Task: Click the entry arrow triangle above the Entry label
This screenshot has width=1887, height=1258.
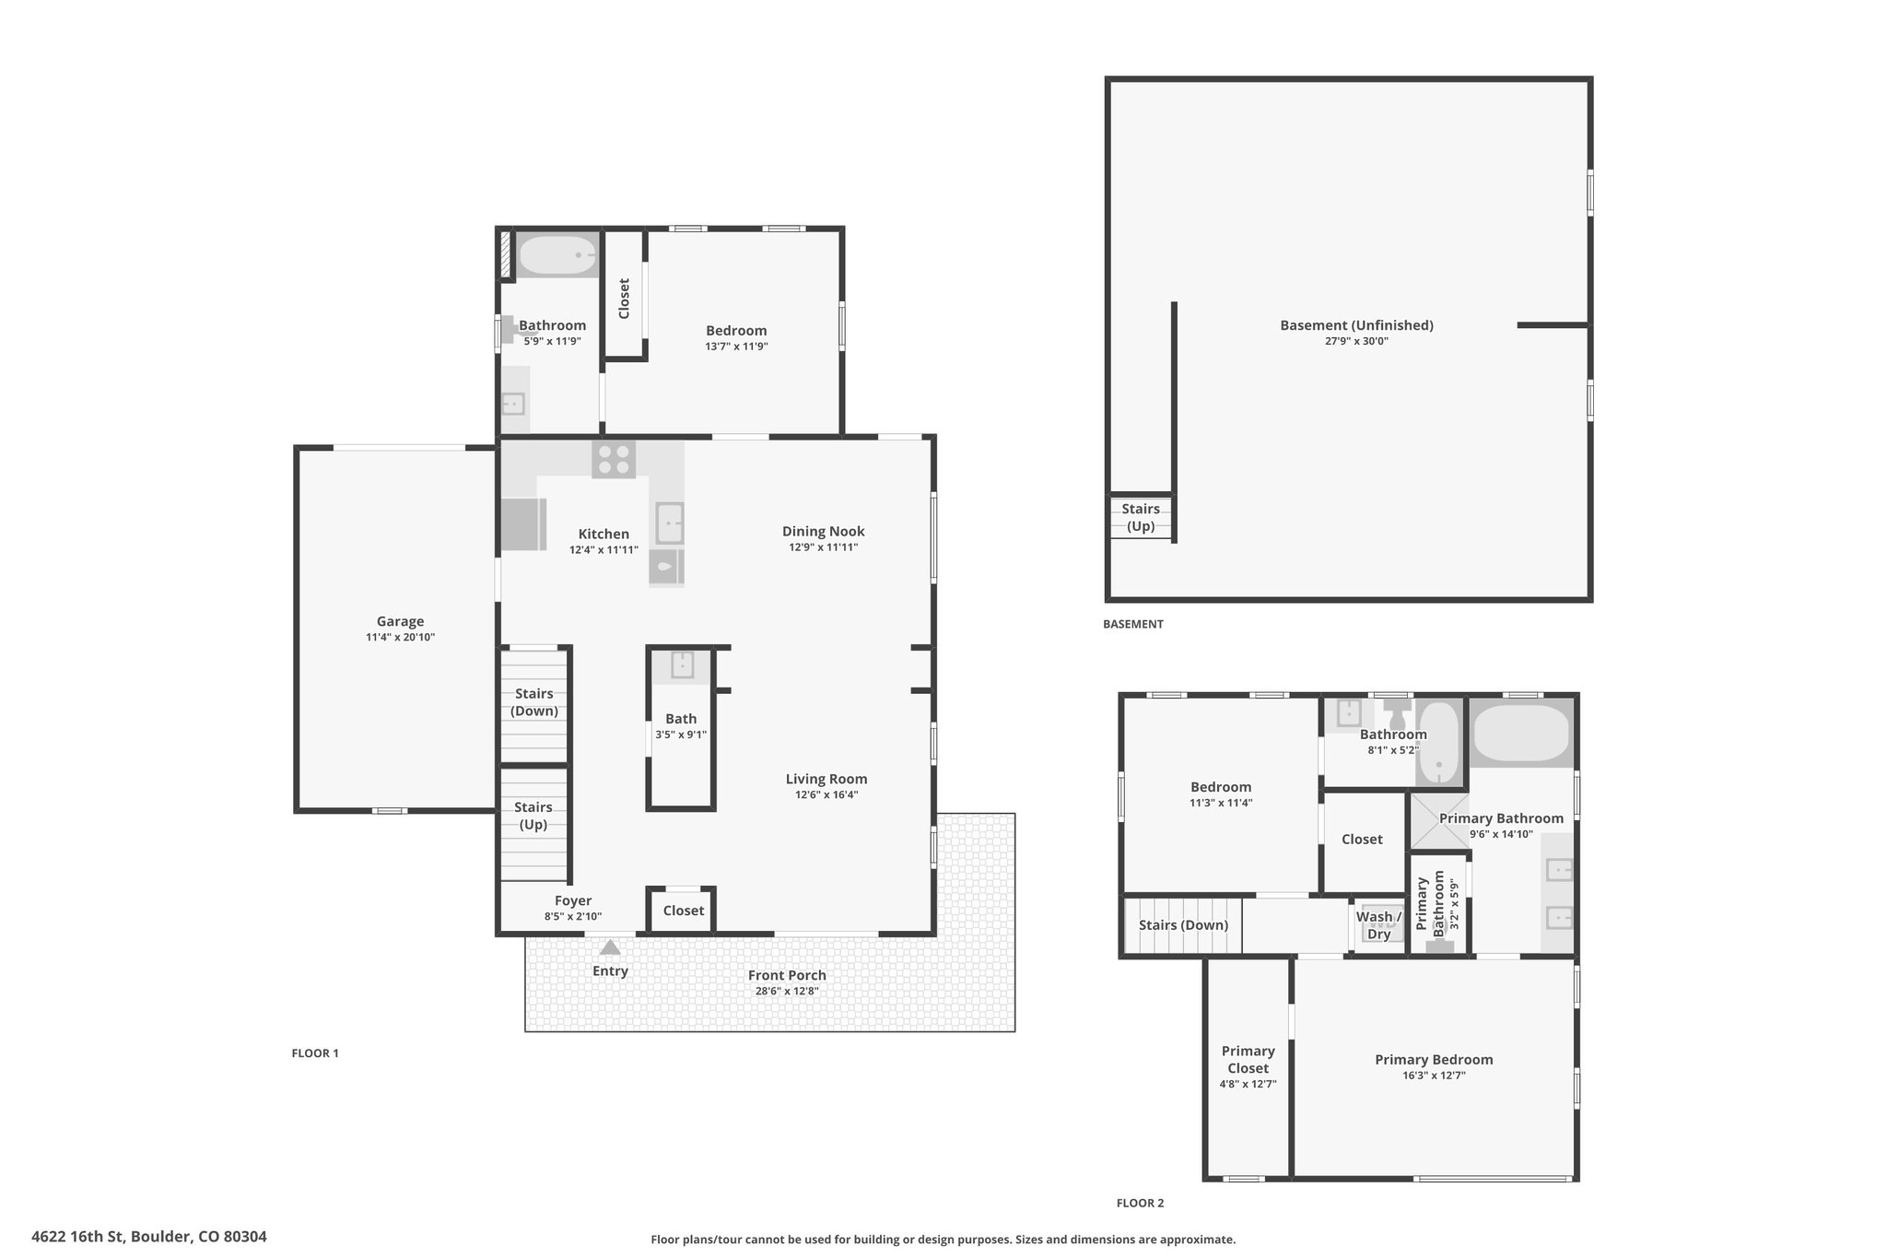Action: (610, 946)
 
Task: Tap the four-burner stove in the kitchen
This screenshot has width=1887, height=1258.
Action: (614, 460)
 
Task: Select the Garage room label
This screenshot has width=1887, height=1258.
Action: (400, 621)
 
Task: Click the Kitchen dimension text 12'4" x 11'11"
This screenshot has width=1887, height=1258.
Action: (604, 550)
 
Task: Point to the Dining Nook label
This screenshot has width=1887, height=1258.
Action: (824, 531)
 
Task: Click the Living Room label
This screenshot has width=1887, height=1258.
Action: (826, 779)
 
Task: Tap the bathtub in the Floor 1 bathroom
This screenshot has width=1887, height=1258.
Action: (557, 254)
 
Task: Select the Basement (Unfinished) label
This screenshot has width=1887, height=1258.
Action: (1357, 325)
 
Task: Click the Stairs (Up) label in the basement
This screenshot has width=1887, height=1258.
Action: (1141, 517)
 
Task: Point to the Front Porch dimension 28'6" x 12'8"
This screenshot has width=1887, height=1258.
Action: (787, 992)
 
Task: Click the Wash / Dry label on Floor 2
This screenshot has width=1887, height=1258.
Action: (1378, 925)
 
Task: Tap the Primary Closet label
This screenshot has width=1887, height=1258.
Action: (1248, 1060)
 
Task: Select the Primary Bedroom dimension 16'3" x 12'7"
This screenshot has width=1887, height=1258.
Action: (1435, 1076)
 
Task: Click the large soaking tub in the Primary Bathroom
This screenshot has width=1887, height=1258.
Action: (1521, 733)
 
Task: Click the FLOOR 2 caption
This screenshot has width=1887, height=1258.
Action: (1140, 1203)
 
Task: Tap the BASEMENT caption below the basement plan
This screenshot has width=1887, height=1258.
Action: (1133, 624)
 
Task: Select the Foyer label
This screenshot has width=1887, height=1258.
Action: (573, 900)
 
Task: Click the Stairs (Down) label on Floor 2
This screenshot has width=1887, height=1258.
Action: (1183, 925)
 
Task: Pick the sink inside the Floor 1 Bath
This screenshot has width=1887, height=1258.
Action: (682, 664)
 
